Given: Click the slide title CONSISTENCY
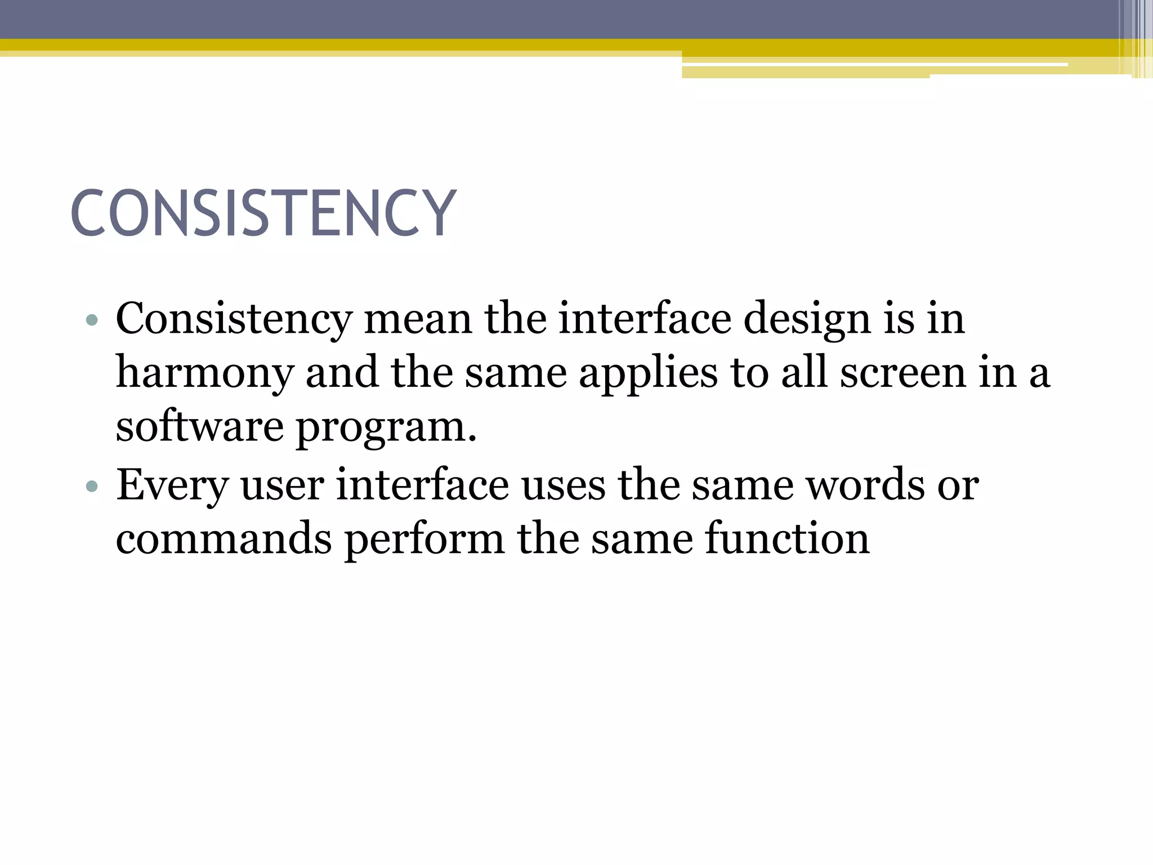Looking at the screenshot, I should coord(263,213).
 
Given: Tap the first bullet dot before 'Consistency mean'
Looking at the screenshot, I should coord(92,321).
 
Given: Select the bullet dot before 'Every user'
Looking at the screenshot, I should coord(92,486).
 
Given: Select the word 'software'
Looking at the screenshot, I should coord(199,426).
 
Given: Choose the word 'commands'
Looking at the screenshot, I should coord(224,538).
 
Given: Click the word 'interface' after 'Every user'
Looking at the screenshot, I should coord(422,484).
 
